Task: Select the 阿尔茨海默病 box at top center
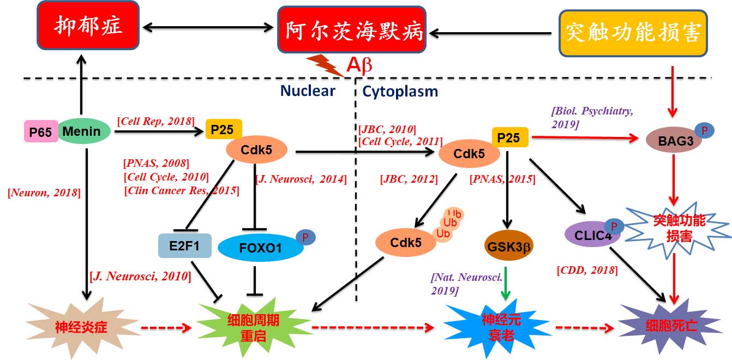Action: pos(351,30)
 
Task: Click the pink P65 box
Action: pos(40,131)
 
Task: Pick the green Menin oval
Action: pos(82,131)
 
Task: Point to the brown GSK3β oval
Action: pos(508,246)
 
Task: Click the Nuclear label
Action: pos(308,91)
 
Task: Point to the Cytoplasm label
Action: pos(400,91)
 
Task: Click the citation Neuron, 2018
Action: pos(44,192)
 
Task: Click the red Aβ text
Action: pos(359,65)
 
